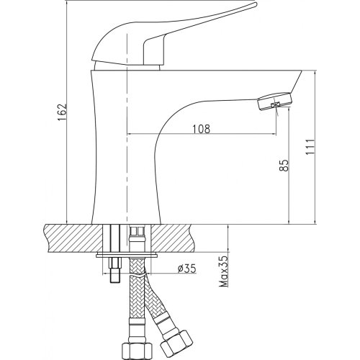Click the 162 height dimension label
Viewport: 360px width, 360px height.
tap(63, 112)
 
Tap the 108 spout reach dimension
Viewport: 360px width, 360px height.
tap(201, 129)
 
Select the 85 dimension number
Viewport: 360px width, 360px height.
tap(284, 166)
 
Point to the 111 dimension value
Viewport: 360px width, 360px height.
tap(310, 147)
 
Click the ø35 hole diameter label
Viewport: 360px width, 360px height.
tap(187, 269)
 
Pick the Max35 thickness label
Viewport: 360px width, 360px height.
tap(223, 271)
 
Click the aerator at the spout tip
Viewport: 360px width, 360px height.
tap(276, 102)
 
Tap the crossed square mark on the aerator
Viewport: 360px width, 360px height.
tap(276, 105)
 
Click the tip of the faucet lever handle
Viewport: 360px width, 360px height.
tap(255, 4)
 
